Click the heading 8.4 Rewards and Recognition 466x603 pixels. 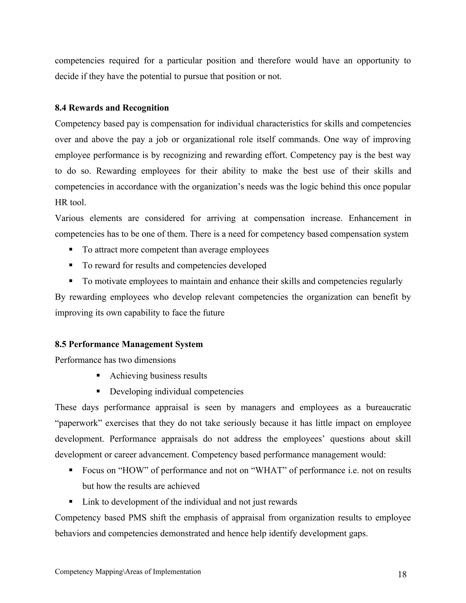[112, 108]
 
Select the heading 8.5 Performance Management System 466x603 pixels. [129, 344]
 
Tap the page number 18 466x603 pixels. [402, 575]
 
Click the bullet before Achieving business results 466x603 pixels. [98, 375]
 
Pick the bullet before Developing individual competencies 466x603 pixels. [98, 391]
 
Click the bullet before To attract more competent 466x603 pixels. [71, 249]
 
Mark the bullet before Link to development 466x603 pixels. [71, 501]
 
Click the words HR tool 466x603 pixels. [70, 202]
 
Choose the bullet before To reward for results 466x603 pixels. [71, 265]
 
